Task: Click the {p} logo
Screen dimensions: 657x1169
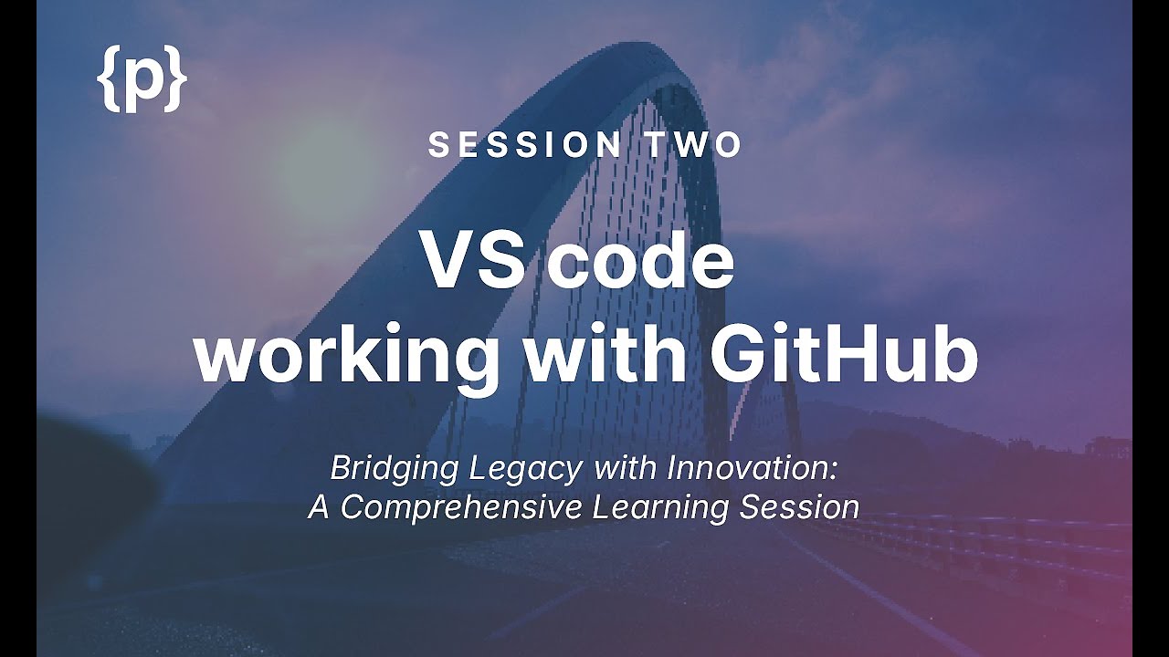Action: click(142, 78)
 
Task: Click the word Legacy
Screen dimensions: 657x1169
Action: click(528, 469)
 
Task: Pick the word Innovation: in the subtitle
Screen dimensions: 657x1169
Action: click(753, 469)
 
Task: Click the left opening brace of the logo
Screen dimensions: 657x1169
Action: click(107, 78)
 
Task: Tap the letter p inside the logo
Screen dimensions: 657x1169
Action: click(142, 82)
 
